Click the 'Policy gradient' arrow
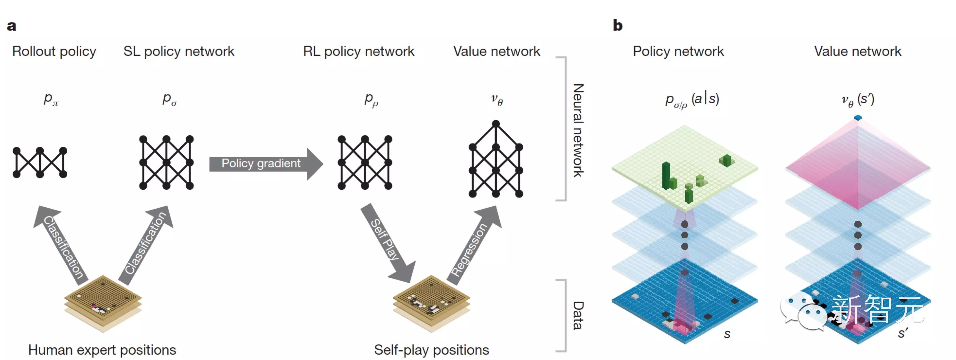266,164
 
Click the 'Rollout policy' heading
54,51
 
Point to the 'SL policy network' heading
179,51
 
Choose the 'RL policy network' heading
358,51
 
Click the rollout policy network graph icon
40,162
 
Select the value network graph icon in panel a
496,159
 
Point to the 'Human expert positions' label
102,350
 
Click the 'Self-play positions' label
431,350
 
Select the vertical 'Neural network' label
578,130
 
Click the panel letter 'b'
618,25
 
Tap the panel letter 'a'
11,26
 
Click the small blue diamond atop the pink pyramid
858,118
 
